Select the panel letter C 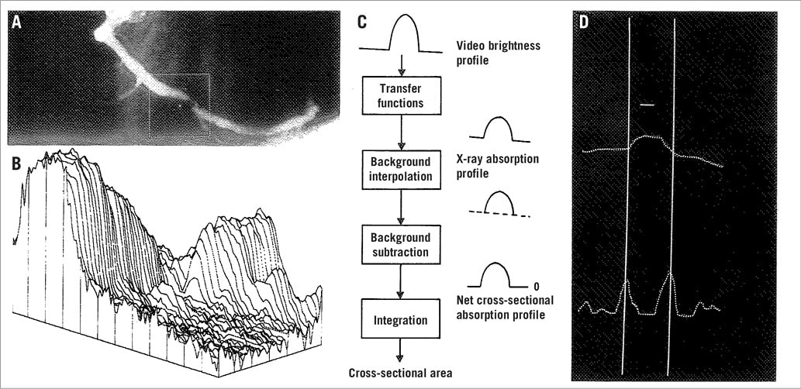(x=362, y=21)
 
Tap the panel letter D (x=584, y=21)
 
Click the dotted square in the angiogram (x=180, y=106)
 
